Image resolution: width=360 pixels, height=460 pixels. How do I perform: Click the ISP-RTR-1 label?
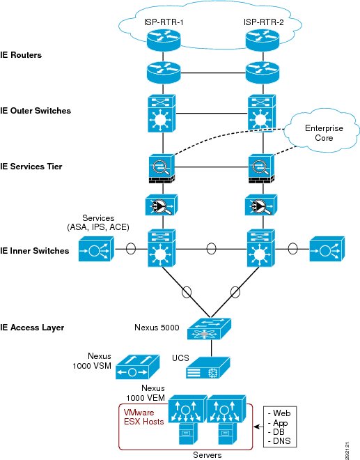(x=164, y=22)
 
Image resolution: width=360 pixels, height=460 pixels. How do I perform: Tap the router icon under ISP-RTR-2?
(x=263, y=40)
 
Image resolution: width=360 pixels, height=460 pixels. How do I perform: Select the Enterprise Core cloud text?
(x=324, y=133)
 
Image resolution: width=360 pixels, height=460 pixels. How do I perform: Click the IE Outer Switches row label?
(x=36, y=111)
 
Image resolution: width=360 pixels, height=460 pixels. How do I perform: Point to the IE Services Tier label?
(x=31, y=167)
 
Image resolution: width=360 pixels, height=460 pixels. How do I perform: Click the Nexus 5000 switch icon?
(x=209, y=329)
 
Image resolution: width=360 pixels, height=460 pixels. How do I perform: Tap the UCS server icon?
(x=208, y=367)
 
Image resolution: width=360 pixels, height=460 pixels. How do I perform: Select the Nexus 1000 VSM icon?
(x=137, y=367)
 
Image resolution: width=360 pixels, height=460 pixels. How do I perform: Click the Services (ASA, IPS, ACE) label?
(x=98, y=222)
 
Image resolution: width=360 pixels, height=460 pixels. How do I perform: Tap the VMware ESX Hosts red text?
(x=143, y=417)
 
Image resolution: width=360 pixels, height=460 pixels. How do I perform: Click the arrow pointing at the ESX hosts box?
(x=258, y=427)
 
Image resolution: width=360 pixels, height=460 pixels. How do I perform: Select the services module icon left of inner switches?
(x=96, y=249)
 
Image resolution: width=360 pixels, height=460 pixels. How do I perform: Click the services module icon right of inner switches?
(x=327, y=249)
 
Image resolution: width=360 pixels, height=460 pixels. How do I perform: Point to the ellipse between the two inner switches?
(x=211, y=249)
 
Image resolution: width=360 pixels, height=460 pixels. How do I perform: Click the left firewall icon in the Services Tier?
(x=162, y=169)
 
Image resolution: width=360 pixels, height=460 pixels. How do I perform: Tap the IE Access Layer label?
(x=32, y=328)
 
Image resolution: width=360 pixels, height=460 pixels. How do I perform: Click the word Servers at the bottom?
(x=208, y=455)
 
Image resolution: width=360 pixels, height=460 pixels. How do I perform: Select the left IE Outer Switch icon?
(x=162, y=114)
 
